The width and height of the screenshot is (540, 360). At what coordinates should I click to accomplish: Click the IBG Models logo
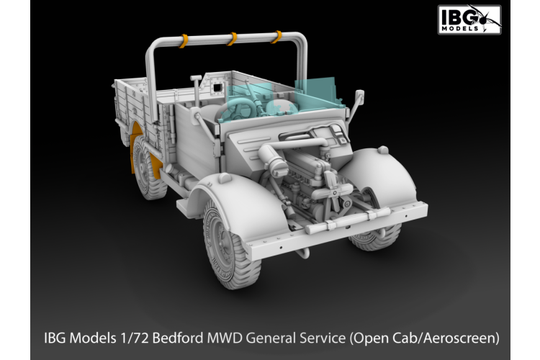point(469,19)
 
